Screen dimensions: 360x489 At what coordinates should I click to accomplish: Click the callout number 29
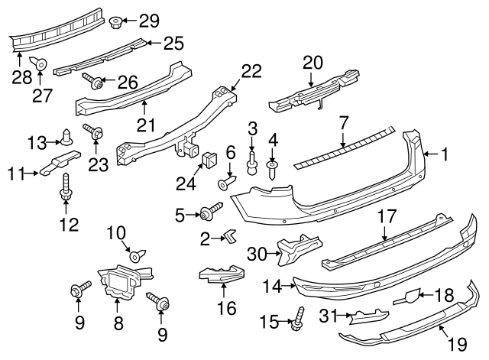[149, 19]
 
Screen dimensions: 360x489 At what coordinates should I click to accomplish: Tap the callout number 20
[313, 61]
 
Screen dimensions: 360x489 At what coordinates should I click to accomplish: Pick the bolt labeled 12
[67, 187]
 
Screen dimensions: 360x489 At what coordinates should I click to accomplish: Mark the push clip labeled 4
[272, 167]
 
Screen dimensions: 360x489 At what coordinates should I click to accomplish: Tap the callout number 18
[444, 294]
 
